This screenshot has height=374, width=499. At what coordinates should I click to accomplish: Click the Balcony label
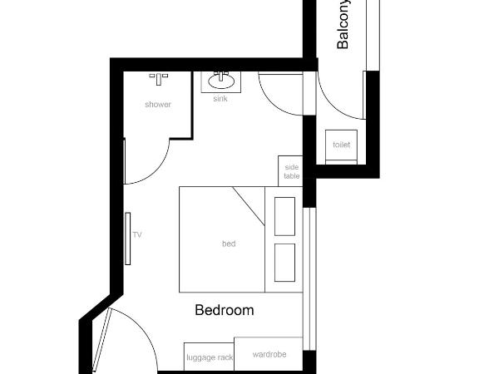coord(343,26)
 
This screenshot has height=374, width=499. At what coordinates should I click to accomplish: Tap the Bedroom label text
coord(224,311)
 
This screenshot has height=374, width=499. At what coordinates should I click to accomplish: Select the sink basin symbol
coord(220,81)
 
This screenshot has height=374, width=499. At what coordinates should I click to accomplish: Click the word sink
coord(220,98)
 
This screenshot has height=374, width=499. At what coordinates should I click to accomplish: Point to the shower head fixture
coord(158,77)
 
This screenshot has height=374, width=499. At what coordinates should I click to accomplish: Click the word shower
coord(158,105)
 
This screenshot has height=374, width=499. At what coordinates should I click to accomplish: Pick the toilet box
coord(341,145)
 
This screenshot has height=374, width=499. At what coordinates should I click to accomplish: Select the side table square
coord(291,170)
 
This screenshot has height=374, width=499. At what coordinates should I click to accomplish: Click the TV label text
coord(137,235)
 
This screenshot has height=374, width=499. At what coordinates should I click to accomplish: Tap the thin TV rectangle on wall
coord(128,238)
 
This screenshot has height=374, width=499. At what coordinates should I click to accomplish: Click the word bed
coord(229,244)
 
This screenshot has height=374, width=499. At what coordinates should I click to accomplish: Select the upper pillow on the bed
coord(284,215)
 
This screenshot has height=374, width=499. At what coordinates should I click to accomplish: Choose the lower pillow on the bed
coord(284,262)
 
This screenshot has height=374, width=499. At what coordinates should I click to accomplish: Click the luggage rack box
coord(209,357)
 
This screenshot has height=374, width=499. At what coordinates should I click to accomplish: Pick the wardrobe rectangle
coord(269,353)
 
